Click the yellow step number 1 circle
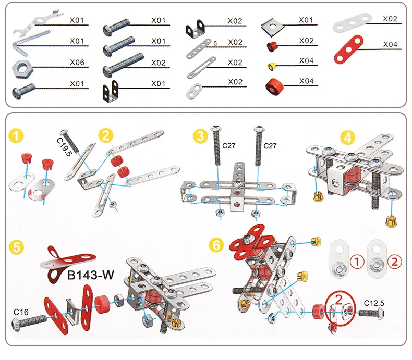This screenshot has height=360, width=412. tap(16, 136)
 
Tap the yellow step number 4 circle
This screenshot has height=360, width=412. tap(347, 138)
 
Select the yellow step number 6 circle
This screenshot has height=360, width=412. tap(216, 245)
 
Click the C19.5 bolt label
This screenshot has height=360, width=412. tap(64, 147)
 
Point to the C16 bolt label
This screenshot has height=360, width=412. tap(21, 312)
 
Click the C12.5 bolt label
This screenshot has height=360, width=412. tap(374, 303)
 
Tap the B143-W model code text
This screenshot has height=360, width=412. tap(91, 275)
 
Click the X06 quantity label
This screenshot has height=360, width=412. tap(77, 62)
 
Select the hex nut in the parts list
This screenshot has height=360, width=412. tap(22, 69)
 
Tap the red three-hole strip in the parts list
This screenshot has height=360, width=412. tap(348, 49)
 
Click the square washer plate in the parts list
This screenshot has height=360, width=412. tap(273, 26)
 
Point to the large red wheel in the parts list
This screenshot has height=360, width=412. tap(275, 86)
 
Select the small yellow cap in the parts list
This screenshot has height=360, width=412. tap(272, 66)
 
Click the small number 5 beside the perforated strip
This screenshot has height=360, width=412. tap(215, 43)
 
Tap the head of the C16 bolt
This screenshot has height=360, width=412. tap(16, 325)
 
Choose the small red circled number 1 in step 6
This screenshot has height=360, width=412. tap(357, 262)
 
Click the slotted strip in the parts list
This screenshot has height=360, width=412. tap(201, 68)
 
